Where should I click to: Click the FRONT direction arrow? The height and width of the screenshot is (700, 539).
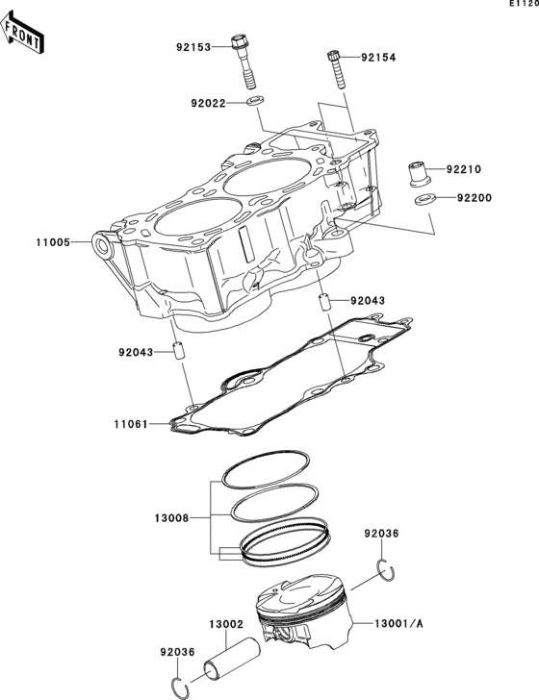21,33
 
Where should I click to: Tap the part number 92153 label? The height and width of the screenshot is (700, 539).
193,47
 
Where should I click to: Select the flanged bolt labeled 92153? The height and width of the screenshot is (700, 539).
244,62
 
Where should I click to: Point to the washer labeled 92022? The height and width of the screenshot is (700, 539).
254,100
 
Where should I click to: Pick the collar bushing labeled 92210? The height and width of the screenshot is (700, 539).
420,174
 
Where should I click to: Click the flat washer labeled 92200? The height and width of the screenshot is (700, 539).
425,199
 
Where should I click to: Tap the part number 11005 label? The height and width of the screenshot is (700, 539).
53,242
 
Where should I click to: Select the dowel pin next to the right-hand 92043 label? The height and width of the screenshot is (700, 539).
325,303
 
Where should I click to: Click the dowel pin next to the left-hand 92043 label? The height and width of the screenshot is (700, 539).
179,352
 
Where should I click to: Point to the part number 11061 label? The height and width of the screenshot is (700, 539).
131,424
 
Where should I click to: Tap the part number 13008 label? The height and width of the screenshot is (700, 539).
172,518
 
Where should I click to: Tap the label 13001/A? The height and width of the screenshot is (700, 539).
398,624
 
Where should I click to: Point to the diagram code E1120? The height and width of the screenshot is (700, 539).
525,4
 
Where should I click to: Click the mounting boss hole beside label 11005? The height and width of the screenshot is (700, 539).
101,244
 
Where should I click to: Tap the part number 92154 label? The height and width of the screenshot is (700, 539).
378,57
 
